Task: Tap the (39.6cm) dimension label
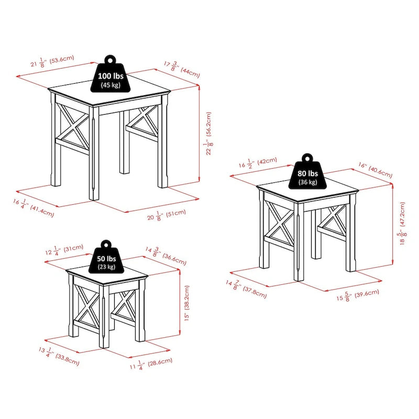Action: click(365, 293)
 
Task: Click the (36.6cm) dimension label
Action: click(173, 257)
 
